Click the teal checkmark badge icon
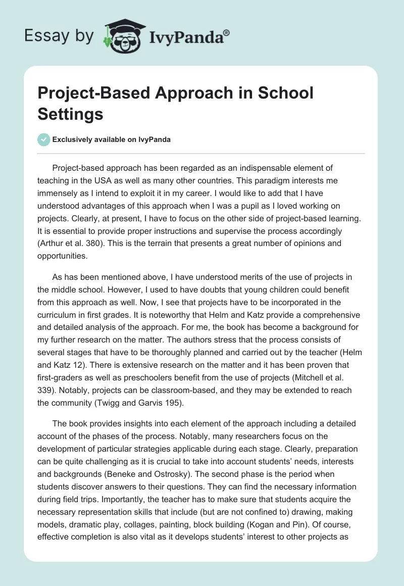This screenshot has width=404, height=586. tap(44, 139)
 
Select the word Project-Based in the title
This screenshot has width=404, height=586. tap(91, 93)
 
